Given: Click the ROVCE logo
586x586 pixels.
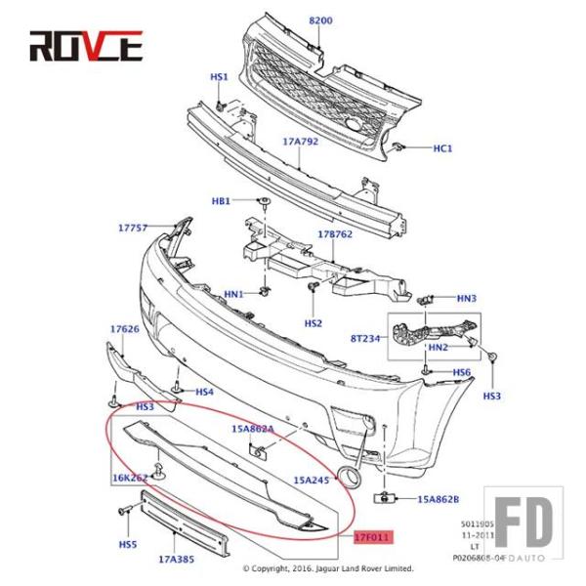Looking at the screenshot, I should [x=86, y=46].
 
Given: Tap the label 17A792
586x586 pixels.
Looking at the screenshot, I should [x=301, y=142].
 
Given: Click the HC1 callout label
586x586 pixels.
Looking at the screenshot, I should [x=442, y=148].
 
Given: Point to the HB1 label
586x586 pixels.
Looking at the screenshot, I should [x=221, y=201].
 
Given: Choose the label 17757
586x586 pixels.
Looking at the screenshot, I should [x=133, y=228].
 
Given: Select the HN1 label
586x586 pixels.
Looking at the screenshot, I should [x=233, y=294].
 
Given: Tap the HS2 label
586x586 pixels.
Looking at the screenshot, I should [x=313, y=322].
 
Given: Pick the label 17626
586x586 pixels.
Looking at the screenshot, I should [x=124, y=329].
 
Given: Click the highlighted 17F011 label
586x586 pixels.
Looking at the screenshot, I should [x=372, y=536].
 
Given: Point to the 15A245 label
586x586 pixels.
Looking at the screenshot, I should [x=311, y=480].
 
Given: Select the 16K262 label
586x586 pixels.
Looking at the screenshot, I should [x=129, y=479].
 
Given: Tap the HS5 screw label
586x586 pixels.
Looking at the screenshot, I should [x=128, y=543].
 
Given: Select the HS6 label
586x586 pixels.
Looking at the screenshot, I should [x=461, y=373].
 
